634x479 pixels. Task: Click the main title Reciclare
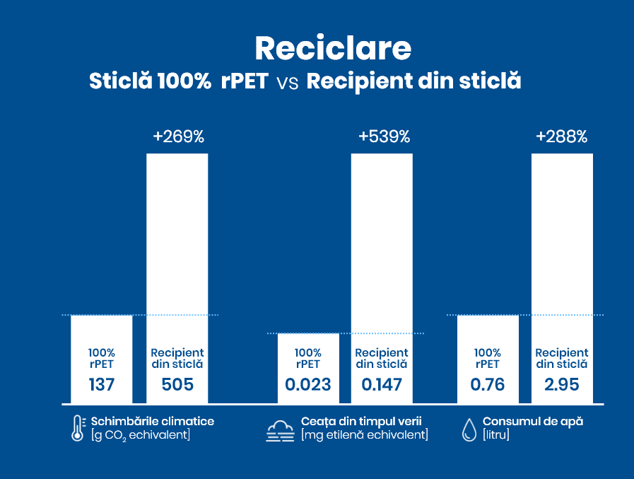(x=332, y=47)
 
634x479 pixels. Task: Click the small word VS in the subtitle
(x=287, y=82)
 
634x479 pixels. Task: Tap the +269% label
(x=178, y=137)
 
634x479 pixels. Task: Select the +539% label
(x=384, y=137)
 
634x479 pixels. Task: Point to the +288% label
(x=561, y=137)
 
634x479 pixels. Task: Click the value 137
(x=101, y=385)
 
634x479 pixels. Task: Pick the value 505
(x=177, y=385)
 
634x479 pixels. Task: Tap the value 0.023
(x=307, y=385)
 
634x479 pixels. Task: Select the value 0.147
(x=382, y=385)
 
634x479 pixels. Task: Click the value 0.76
(x=488, y=385)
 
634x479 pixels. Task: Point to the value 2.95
(x=561, y=385)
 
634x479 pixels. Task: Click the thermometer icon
(x=78, y=428)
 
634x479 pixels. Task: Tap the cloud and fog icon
(x=280, y=430)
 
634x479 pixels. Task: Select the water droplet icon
(x=469, y=429)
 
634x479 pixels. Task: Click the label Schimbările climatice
(x=152, y=422)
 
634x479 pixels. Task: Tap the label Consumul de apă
(x=532, y=422)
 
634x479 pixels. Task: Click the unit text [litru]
(x=496, y=435)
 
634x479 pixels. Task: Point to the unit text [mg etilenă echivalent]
(x=364, y=435)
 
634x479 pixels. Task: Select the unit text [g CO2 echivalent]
(x=140, y=435)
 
